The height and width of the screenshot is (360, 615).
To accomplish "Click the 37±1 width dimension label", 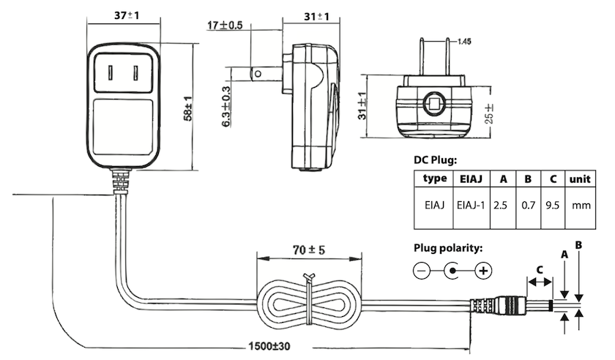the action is (x=126, y=15).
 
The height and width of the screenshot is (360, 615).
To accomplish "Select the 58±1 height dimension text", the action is (x=188, y=108).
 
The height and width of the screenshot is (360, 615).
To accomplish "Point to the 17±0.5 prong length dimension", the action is (x=225, y=26).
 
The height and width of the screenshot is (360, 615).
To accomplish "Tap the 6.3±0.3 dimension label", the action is (x=226, y=107).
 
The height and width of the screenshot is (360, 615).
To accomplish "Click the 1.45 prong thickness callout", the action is (x=464, y=41).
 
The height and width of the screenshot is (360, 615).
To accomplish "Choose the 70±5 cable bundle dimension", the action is (x=309, y=250).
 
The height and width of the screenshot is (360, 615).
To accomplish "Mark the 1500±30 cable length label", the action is (x=269, y=346).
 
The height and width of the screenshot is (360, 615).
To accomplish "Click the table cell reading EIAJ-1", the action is (x=471, y=205).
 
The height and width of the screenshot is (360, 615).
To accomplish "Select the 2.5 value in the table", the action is (x=501, y=205).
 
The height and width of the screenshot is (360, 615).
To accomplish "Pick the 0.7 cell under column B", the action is (x=529, y=205).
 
